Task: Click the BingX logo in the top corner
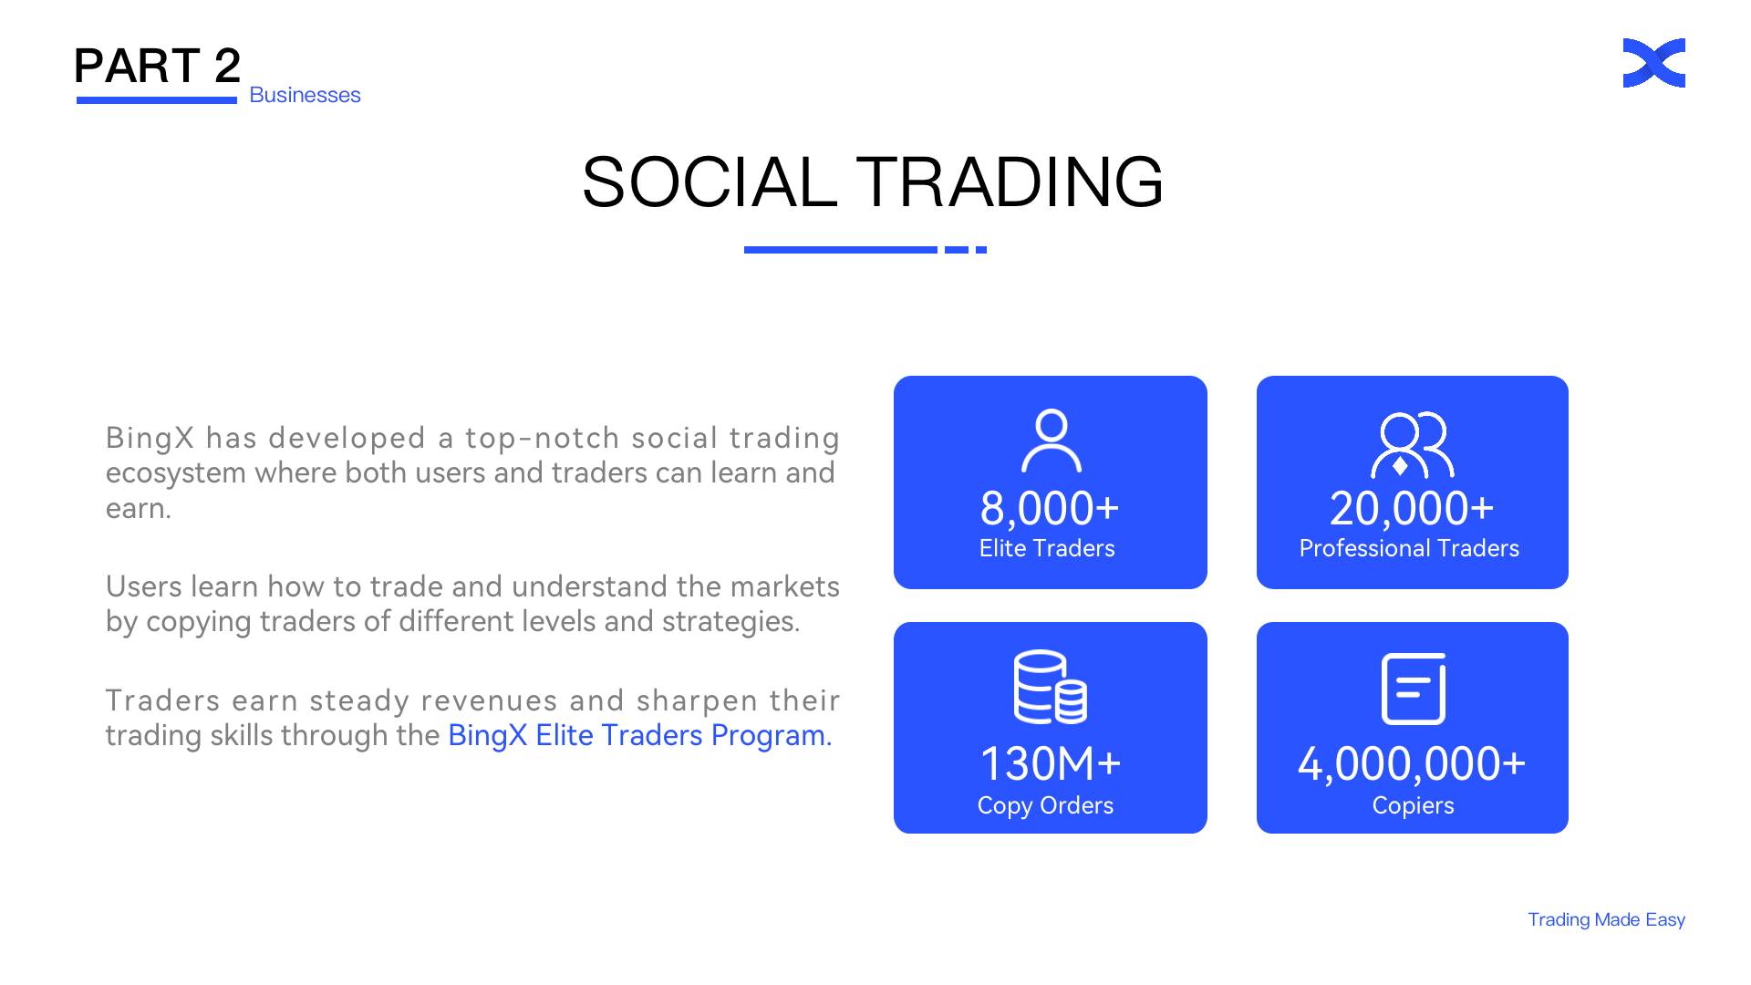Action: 1653,63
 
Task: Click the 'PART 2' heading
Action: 157,66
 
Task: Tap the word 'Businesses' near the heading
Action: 305,95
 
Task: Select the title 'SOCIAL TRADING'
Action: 873,181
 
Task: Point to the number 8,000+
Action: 1050,508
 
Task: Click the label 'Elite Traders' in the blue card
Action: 1047,548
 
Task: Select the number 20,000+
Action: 1412,508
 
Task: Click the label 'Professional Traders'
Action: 1409,548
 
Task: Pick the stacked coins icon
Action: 1050,687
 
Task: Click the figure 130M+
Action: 1050,763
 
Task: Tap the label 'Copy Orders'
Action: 1045,805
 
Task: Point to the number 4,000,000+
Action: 1412,764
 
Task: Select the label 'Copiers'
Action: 1413,805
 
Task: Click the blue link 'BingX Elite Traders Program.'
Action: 639,735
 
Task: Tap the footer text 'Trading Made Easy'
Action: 1606,919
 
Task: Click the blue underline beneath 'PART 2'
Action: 157,100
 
